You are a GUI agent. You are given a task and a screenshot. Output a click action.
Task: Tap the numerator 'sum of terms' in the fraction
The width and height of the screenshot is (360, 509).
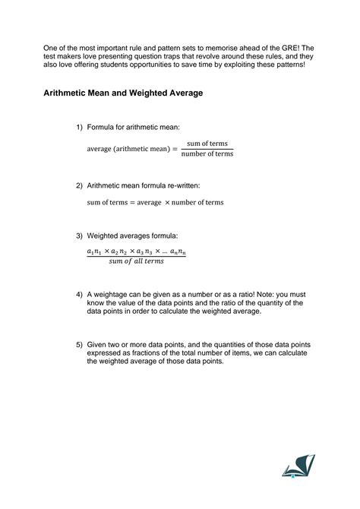pos(210,144)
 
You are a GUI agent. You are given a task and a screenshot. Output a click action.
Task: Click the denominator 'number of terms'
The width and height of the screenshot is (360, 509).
pos(208,154)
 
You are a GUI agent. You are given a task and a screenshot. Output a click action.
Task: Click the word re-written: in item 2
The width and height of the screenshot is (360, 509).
pos(182,185)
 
